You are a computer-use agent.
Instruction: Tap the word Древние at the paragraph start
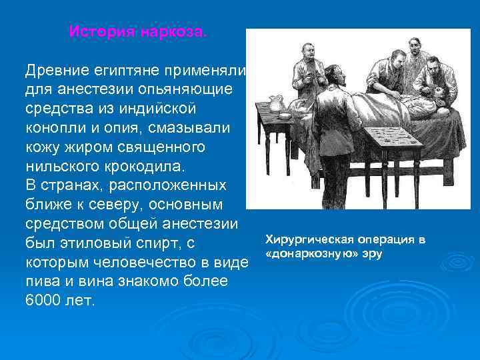(x=52, y=71)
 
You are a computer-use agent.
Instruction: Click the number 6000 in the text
(x=42, y=300)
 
